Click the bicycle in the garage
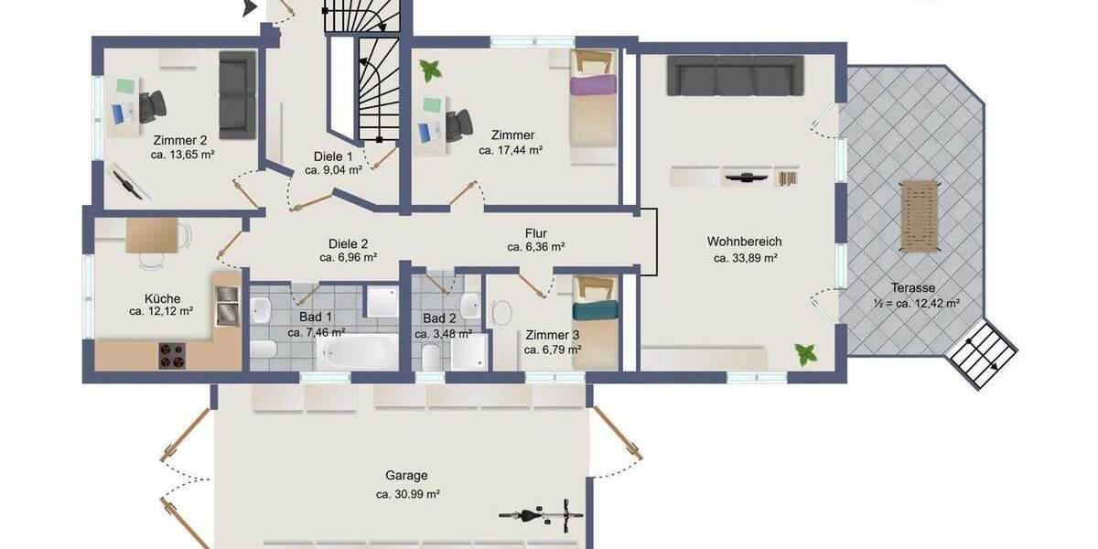click(x=541, y=515)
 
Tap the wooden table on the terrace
click(x=920, y=216)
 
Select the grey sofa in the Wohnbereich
click(x=735, y=76)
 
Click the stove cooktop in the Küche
click(x=172, y=355)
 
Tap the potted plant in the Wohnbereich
click(x=806, y=353)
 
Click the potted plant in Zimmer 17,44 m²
click(x=430, y=70)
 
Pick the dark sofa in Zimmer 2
click(x=237, y=94)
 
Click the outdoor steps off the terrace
click(x=981, y=353)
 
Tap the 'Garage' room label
click(x=407, y=476)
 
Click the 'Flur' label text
click(x=536, y=232)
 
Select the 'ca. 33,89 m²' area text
click(x=745, y=258)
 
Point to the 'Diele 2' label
click(x=348, y=243)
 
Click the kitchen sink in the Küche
click(x=225, y=305)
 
